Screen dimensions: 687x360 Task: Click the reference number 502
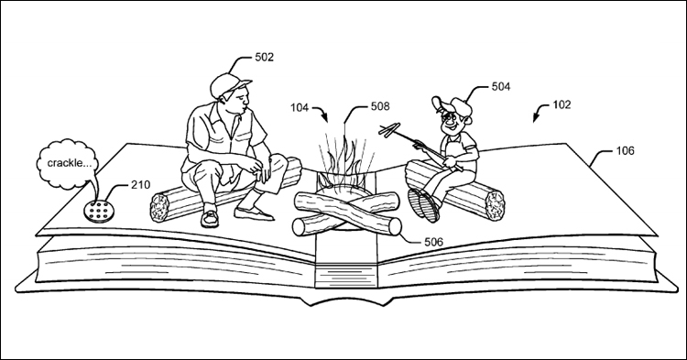[x=264, y=58]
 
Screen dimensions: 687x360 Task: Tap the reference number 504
[x=501, y=87]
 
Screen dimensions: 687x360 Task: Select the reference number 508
[x=380, y=106]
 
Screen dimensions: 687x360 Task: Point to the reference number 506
[x=434, y=241]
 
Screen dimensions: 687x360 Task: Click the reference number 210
[x=140, y=185]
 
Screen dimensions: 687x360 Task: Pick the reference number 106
[x=625, y=150]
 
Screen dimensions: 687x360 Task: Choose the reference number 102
[x=562, y=104]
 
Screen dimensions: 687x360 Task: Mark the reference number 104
[x=300, y=107]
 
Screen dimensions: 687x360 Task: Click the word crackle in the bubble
[x=64, y=163]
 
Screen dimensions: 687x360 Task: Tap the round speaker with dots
[x=100, y=212]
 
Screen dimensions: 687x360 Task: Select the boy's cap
[x=453, y=105]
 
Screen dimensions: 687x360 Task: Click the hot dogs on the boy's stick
[x=389, y=129]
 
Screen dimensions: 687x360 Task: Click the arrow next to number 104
[x=322, y=112]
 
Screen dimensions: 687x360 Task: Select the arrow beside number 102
[x=540, y=112]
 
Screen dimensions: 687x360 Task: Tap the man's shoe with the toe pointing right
[x=254, y=213]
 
